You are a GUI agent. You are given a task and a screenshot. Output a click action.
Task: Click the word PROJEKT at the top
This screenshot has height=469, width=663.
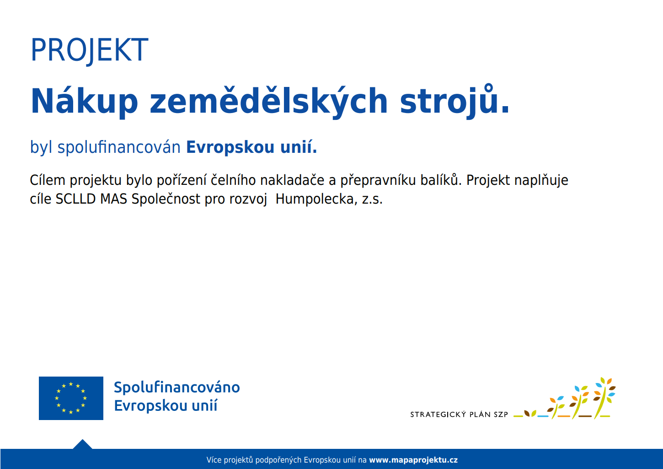click(x=89, y=50)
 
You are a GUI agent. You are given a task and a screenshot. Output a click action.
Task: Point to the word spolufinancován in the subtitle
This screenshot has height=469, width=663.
click(x=119, y=147)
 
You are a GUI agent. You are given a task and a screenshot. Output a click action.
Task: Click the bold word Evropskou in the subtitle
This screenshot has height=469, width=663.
click(x=230, y=147)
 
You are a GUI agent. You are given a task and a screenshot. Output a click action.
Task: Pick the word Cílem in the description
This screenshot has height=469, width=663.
click(x=48, y=180)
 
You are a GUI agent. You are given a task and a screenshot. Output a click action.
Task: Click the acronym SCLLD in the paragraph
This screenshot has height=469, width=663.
click(x=75, y=199)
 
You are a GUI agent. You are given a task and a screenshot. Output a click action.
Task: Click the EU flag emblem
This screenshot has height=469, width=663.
click(x=71, y=398)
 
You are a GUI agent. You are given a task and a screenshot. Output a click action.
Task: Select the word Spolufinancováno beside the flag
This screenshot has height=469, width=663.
click(x=177, y=388)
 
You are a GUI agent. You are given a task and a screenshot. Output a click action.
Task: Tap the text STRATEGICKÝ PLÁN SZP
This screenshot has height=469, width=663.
click(x=459, y=415)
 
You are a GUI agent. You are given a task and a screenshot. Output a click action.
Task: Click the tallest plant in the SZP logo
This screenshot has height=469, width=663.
click(x=604, y=398)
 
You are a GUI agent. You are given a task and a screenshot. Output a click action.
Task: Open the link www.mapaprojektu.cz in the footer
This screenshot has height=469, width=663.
click(x=413, y=460)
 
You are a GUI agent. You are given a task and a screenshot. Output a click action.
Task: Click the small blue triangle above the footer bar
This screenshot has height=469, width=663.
click(x=83, y=444)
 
